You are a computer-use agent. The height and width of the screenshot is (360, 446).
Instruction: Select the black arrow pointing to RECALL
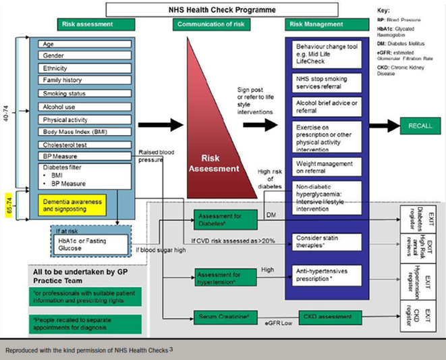pos(383,126)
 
